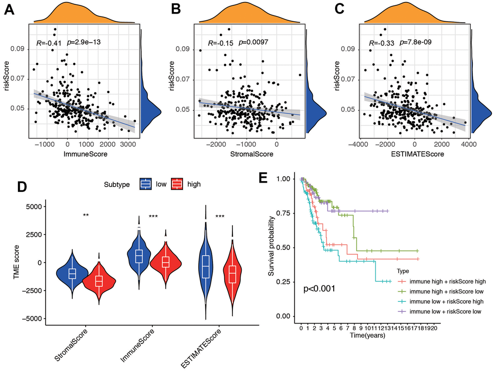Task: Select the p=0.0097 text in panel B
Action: [x=252, y=43]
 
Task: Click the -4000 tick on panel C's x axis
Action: [x=358, y=144]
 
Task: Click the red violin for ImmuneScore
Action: [x=166, y=263]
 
